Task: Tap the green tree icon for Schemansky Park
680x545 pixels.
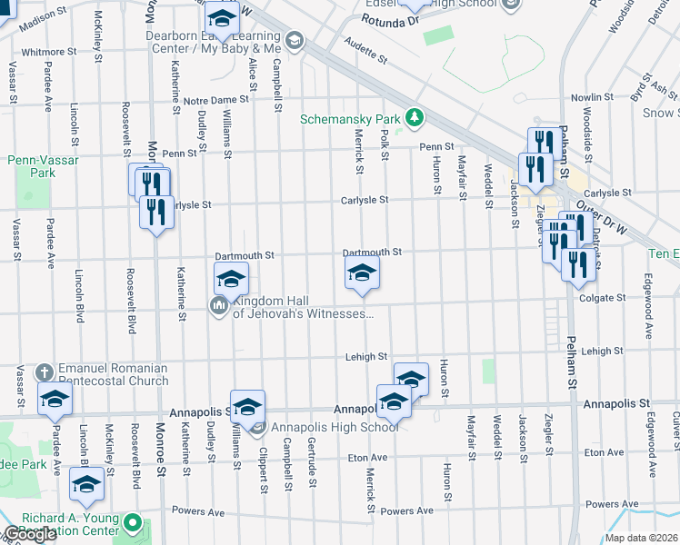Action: [415, 116]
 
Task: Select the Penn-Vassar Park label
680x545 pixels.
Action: [44, 166]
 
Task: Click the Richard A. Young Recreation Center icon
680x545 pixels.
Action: [134, 524]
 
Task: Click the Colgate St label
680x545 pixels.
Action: [601, 297]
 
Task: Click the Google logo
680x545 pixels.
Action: [29, 534]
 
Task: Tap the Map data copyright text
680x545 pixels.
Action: [642, 538]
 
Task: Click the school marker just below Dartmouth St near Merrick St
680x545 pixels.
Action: [362, 273]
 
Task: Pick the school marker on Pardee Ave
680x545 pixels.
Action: [54, 398]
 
